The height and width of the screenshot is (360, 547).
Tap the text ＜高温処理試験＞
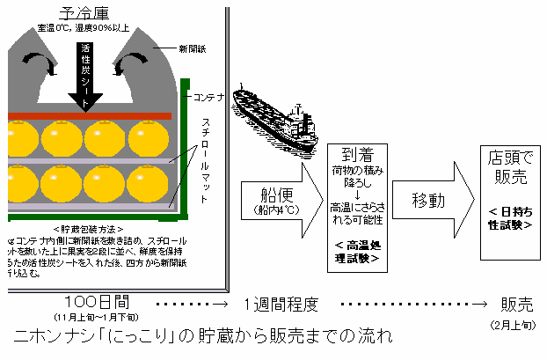(357, 251)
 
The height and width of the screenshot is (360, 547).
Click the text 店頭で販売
(509, 168)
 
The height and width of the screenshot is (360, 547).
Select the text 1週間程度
(281, 305)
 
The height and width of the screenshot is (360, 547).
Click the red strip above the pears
(88, 115)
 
